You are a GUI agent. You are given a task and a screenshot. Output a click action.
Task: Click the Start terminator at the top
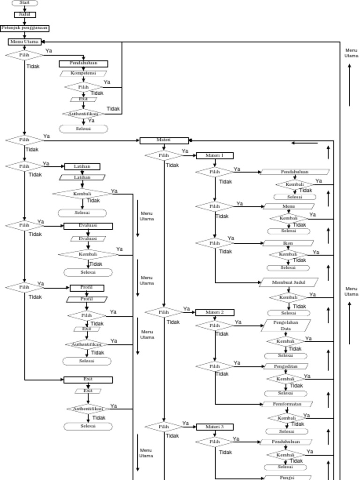[x=24, y=3]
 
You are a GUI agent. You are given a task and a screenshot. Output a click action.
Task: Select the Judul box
[x=24, y=15]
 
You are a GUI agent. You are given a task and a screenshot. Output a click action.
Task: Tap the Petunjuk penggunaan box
[x=24, y=28]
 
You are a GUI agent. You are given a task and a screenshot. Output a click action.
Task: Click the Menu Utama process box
[x=24, y=42]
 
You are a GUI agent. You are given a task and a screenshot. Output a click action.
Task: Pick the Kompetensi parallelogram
[x=83, y=73]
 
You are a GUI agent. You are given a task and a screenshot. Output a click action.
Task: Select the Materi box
[x=164, y=140]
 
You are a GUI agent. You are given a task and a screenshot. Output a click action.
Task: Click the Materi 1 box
[x=214, y=156]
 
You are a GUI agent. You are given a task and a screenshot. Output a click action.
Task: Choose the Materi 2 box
[x=214, y=312]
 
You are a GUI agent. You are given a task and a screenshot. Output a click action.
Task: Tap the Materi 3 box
[x=214, y=427]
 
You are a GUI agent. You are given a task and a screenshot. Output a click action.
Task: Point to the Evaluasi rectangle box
[x=88, y=226]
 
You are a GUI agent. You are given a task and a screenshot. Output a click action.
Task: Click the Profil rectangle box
[x=87, y=288]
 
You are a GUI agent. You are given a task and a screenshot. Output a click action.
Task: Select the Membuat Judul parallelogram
[x=289, y=283]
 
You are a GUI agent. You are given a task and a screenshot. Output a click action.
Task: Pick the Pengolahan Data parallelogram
[x=286, y=326]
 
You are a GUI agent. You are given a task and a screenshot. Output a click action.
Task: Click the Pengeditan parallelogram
[x=286, y=366]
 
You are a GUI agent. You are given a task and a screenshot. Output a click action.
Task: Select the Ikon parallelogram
[x=288, y=243]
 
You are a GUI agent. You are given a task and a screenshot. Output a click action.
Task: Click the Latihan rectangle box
[x=82, y=166]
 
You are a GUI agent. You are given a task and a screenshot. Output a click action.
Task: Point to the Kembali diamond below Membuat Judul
[x=288, y=297]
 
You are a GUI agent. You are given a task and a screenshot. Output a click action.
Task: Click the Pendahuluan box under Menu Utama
[x=83, y=64]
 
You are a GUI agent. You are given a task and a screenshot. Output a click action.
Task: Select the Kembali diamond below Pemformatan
[x=287, y=418]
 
